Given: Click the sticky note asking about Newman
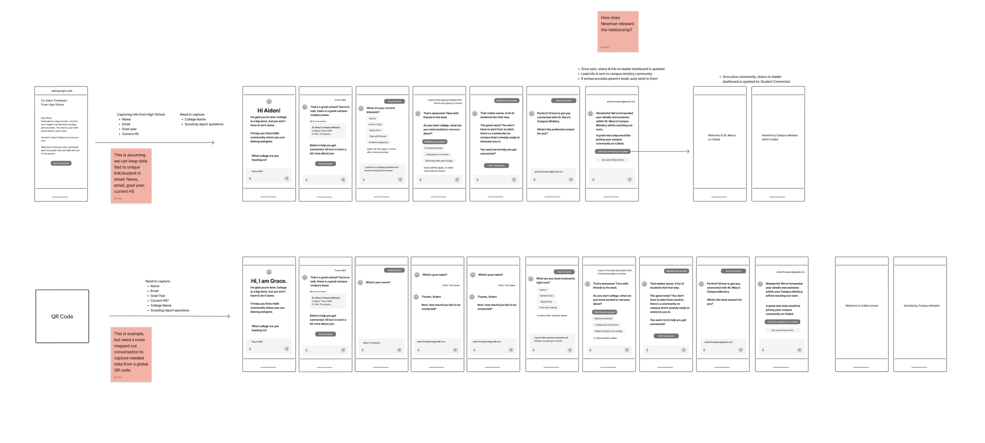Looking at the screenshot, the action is [x=617, y=31].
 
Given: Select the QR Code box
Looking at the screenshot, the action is [x=62, y=316].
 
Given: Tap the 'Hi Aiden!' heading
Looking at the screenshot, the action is [x=269, y=111].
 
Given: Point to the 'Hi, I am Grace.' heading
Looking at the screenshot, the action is [x=269, y=281].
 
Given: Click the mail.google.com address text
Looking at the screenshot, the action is [x=61, y=91].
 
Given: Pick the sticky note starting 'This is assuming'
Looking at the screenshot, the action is [x=131, y=175].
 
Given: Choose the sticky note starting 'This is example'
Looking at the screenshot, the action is [x=131, y=354].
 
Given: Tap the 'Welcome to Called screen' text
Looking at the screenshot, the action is [x=861, y=306].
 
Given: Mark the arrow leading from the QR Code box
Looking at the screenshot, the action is [x=169, y=316].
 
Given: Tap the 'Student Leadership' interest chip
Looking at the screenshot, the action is [x=378, y=142].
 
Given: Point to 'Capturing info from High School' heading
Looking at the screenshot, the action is [x=141, y=114].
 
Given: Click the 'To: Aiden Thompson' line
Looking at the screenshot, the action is [x=54, y=100].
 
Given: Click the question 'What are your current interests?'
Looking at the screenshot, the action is [x=381, y=110].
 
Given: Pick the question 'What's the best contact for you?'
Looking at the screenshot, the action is [x=724, y=302].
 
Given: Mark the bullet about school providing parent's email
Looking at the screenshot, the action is [x=619, y=79].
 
